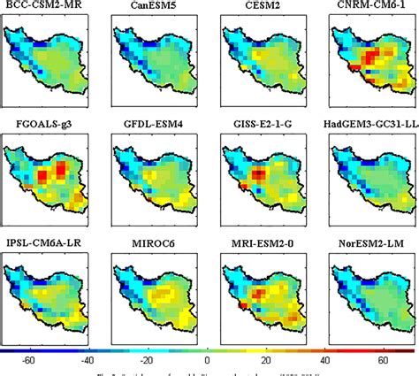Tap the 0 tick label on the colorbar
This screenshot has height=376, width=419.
[206, 360]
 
